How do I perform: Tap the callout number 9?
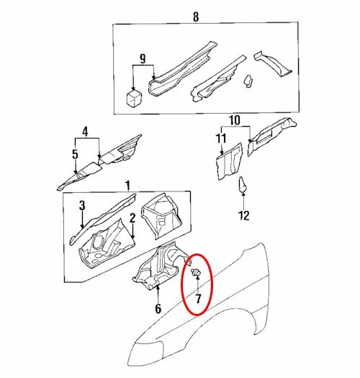(x=143, y=58)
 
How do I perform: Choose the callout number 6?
(x=158, y=310)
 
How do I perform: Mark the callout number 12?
(x=243, y=215)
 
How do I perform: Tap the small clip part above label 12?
(x=243, y=185)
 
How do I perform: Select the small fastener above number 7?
(x=195, y=273)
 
